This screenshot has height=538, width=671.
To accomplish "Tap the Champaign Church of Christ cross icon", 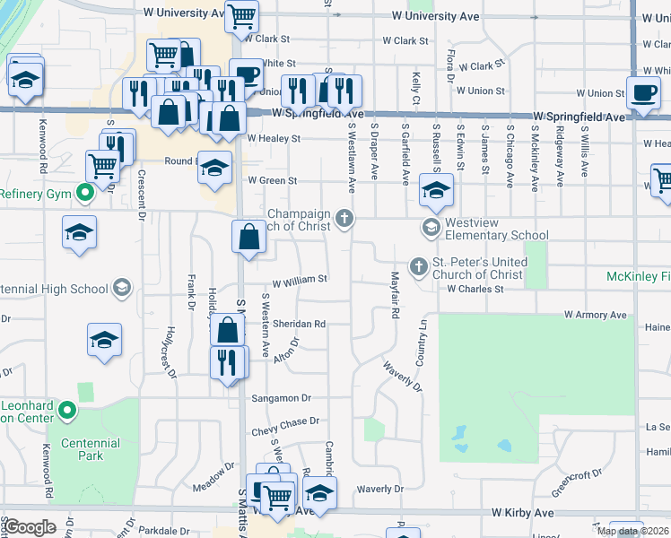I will [x=344, y=219].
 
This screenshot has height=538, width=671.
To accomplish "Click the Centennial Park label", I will [x=91, y=449].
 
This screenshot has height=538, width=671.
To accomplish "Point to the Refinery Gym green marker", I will [x=85, y=193].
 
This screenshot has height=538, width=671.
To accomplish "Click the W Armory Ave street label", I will [x=596, y=315].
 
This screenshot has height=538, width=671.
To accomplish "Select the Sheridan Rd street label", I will [x=299, y=324].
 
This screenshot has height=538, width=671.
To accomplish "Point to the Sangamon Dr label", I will [x=281, y=397].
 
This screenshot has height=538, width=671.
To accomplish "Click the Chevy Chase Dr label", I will [x=285, y=421].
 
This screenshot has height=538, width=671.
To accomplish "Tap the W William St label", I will [x=300, y=280].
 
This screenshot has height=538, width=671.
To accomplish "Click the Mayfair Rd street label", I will [x=394, y=296].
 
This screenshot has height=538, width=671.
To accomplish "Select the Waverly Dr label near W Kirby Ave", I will [x=379, y=489].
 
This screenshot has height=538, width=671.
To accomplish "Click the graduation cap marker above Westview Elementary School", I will [x=436, y=190].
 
